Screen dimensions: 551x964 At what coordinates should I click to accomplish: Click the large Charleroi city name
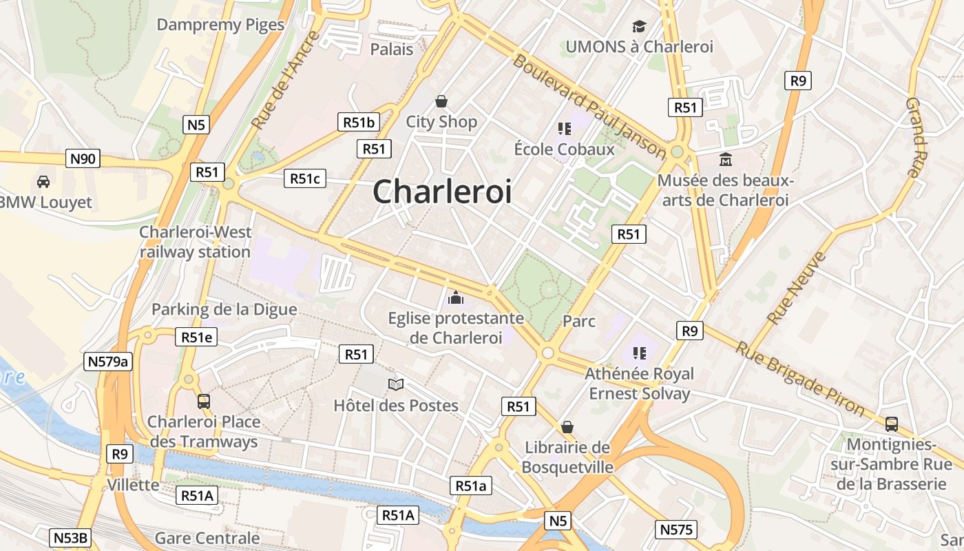click(x=442, y=191)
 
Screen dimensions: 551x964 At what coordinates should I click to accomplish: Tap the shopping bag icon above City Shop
click(x=441, y=102)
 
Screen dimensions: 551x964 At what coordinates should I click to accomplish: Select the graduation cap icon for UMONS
click(x=639, y=27)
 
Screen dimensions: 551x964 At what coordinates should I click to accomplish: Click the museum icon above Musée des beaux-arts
click(x=725, y=160)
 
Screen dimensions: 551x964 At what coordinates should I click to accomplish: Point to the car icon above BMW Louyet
click(x=43, y=182)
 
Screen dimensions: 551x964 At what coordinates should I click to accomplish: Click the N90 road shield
click(x=83, y=159)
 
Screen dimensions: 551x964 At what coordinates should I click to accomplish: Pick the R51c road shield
click(x=304, y=179)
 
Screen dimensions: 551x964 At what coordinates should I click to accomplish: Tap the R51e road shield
click(x=196, y=337)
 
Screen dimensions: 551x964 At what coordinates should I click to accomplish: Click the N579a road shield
click(x=108, y=362)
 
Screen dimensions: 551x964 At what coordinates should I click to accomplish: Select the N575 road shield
click(x=676, y=530)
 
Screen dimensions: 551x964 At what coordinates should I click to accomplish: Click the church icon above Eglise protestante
click(x=455, y=298)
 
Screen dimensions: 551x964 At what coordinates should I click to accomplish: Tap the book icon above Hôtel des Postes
click(x=395, y=384)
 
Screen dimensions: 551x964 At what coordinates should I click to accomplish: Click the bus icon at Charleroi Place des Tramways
click(x=203, y=401)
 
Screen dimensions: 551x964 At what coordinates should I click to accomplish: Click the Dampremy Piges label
click(x=220, y=25)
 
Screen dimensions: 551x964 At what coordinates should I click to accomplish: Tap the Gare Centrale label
click(x=207, y=538)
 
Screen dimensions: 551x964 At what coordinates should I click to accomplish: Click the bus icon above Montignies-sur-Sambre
click(x=891, y=424)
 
